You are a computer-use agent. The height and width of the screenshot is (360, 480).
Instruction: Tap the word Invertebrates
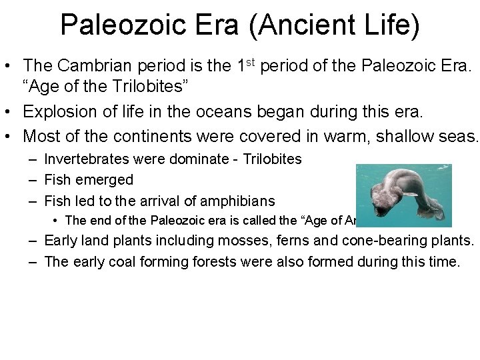87,159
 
